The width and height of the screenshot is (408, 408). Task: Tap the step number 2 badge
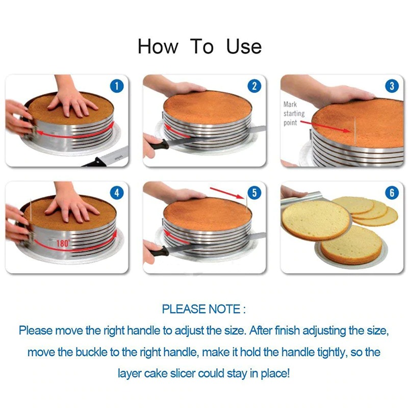(254, 86)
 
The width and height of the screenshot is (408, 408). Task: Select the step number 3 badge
(392, 86)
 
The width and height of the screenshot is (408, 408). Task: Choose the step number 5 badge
(254, 193)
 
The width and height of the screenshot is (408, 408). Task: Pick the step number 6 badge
(392, 193)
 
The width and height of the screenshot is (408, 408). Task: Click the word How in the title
(158, 47)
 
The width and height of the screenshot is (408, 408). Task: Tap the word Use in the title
(244, 47)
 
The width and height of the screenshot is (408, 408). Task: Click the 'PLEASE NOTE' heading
(203, 309)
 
